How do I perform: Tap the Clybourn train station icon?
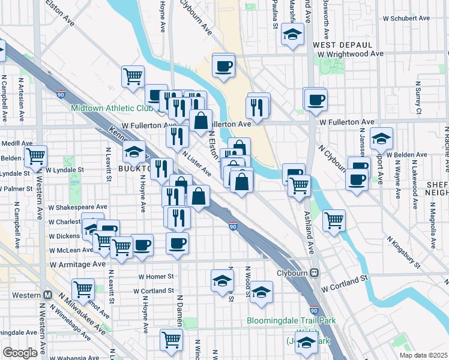click(x=314, y=272)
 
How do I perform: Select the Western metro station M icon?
click(x=47, y=295)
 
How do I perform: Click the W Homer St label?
click(x=155, y=277)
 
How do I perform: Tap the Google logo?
click(x=20, y=353)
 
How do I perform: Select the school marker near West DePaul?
click(x=293, y=35)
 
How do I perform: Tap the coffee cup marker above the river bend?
click(x=224, y=65)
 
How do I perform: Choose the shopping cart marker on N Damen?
click(x=172, y=339)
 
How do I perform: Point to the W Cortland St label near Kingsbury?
click(x=343, y=280)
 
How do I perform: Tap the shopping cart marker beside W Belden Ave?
click(x=36, y=156)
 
